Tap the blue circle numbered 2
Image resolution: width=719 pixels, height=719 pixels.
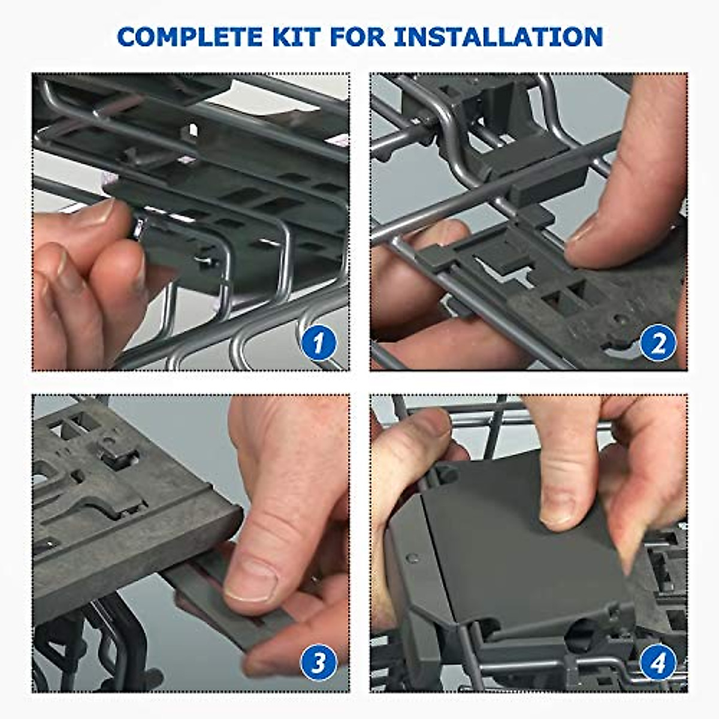657,343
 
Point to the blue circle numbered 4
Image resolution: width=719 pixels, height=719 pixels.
657,663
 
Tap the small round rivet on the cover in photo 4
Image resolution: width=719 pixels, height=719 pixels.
412,558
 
